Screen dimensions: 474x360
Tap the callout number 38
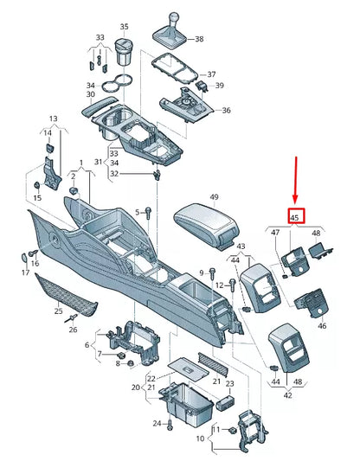tap(200, 39)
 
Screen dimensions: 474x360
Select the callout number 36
tap(226, 110)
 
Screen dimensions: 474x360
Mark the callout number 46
tap(322, 326)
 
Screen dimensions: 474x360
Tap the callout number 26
tap(74, 329)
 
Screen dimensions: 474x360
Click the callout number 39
tap(220, 86)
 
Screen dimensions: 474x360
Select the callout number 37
tap(211, 74)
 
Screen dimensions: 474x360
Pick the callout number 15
tap(36, 199)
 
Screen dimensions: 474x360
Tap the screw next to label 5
tap(149, 213)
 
